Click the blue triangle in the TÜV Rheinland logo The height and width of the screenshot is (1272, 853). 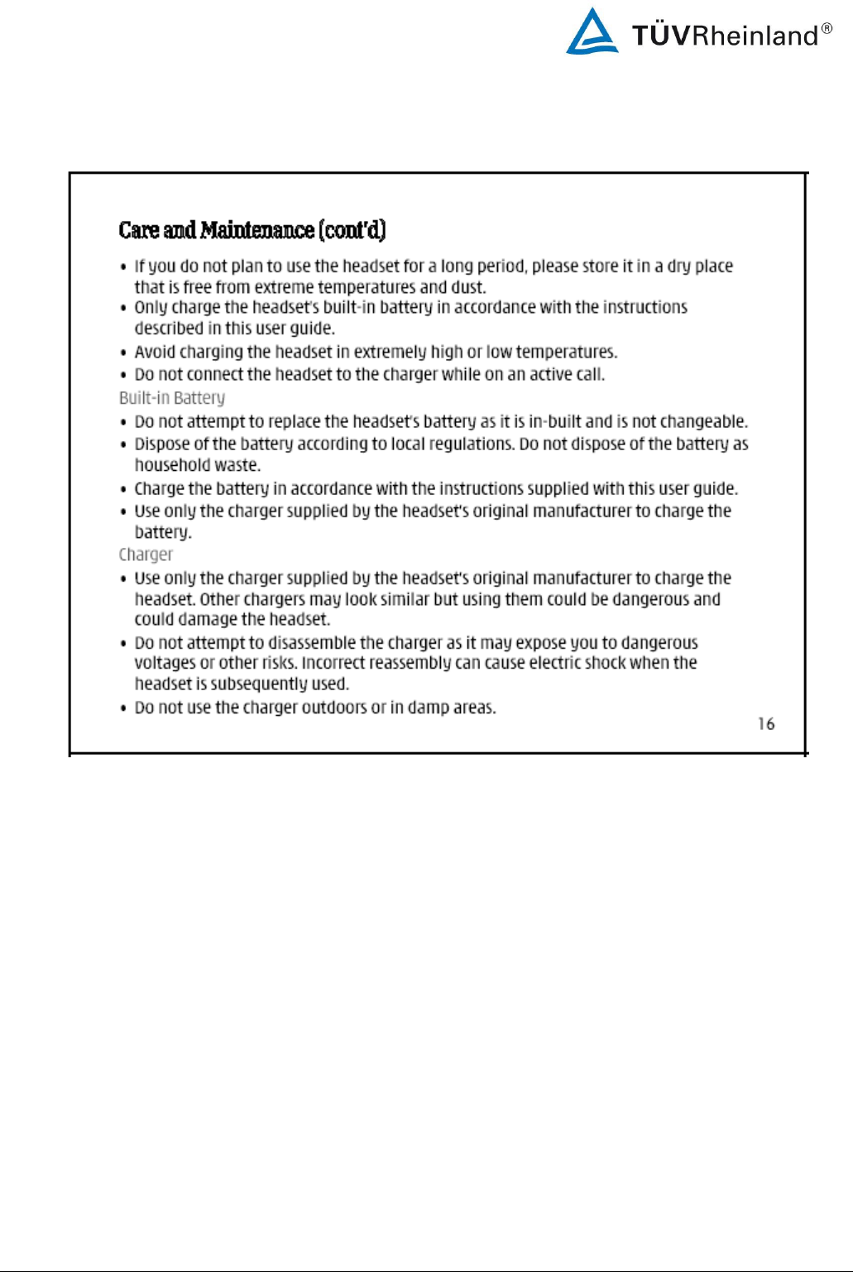[592, 34]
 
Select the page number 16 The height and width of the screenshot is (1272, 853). [766, 724]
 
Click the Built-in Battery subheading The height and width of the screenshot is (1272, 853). [172, 398]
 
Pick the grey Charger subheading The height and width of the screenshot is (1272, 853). [146, 554]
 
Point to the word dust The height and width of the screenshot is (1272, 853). [468, 287]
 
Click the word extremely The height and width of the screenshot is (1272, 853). [390, 352]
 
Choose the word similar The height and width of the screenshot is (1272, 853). [405, 599]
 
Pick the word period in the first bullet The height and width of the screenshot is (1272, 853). [501, 266]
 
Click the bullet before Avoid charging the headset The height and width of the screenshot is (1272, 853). [123, 353]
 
